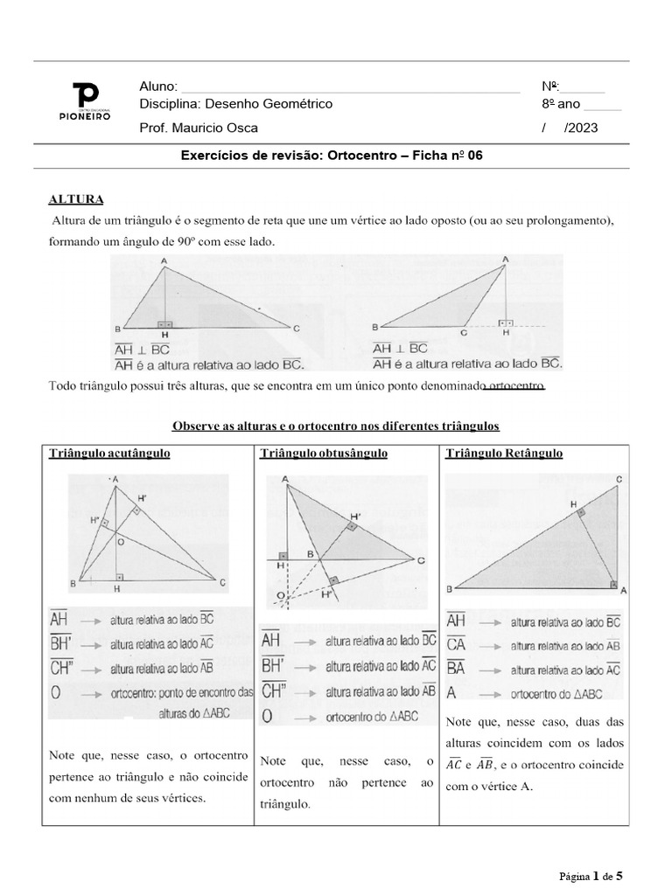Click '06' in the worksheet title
pos(474,155)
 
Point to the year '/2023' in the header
pos(583,128)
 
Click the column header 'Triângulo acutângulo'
pos(109,454)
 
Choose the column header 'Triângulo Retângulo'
pos(504,454)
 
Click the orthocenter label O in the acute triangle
pos(122,543)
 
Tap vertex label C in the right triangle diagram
pos(619,478)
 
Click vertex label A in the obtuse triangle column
pos(285,479)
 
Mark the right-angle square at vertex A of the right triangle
pos(612,584)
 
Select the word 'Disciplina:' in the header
pos(169,104)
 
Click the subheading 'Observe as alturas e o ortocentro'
pos(335,426)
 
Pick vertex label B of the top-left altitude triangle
pos(116,329)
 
